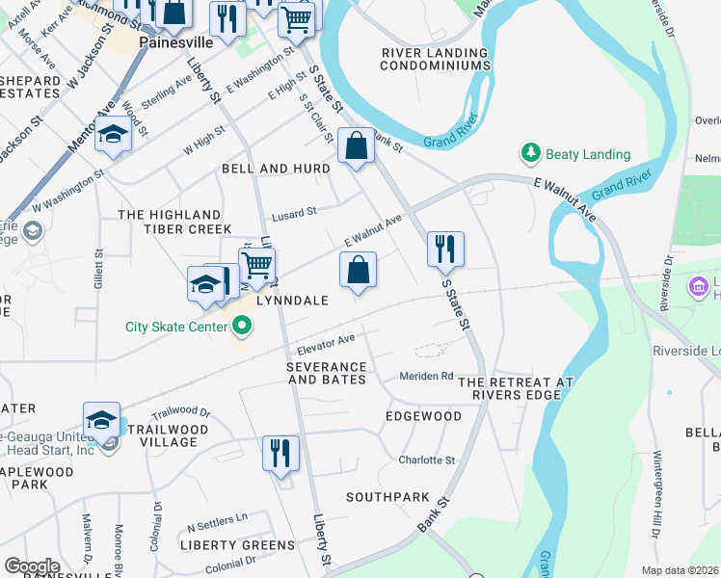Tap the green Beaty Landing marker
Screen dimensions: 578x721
tap(530, 154)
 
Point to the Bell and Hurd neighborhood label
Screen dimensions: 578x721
tap(276, 169)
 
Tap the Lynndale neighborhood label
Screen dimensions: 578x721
tap(292, 301)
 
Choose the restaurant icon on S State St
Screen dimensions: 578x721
tap(445, 249)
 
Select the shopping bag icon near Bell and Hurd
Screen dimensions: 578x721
tap(356, 146)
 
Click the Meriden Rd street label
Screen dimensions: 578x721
tap(427, 376)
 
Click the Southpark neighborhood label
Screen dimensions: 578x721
tap(388, 497)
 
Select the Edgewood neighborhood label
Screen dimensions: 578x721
tap(423, 416)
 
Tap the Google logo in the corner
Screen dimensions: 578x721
tap(32, 566)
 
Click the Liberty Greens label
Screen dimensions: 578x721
tap(237, 545)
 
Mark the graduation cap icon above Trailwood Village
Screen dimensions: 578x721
tap(101, 419)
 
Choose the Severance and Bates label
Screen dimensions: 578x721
tap(327, 374)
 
